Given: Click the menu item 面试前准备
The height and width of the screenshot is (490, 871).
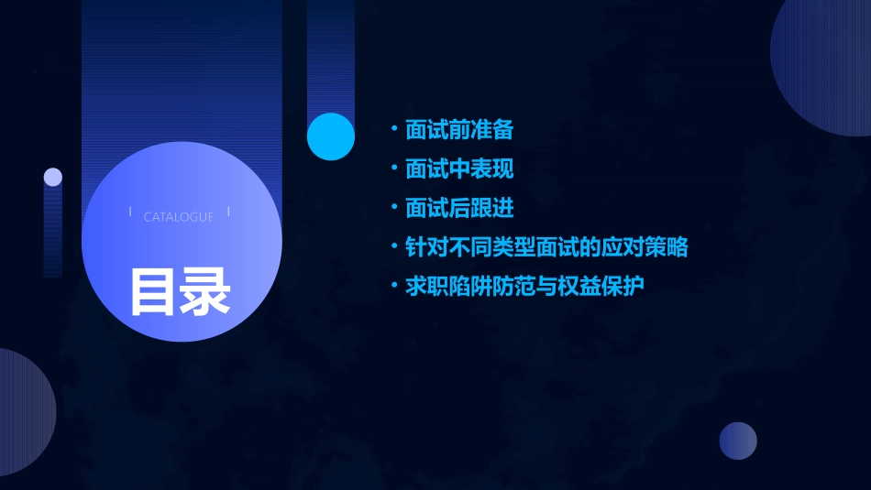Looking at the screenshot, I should coord(459,130).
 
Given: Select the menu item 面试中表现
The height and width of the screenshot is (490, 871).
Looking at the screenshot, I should coord(459,169).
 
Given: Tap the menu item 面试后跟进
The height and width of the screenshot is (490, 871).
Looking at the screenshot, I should coord(459,209).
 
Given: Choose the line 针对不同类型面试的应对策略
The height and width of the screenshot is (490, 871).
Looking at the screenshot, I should coord(546,247).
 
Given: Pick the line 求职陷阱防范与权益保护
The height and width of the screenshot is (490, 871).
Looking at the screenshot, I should coord(524,287).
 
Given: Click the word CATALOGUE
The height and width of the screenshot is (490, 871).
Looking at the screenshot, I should coord(179,217).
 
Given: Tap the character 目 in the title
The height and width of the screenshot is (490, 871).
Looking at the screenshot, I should coord(154,292).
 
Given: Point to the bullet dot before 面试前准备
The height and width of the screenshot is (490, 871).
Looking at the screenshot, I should coord(394,129).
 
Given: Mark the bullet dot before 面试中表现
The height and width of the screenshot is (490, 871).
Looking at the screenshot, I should coord(394,169).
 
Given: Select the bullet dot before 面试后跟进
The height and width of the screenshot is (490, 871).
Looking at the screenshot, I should coord(394,208).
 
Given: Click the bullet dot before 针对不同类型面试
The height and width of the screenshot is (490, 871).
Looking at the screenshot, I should coord(394,246).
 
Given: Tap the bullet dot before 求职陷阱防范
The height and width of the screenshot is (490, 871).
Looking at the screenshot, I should coord(394,286).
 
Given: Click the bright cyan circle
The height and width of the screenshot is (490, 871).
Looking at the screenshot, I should coord(331,136).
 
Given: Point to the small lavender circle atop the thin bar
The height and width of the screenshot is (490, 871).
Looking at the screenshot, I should coord(53,177).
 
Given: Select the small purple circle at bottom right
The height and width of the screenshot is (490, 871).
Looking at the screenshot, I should coord(738,441).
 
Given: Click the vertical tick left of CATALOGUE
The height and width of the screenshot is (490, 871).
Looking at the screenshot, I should coord(130,213).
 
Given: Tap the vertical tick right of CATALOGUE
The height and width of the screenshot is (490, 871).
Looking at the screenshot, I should coord(227,213).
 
